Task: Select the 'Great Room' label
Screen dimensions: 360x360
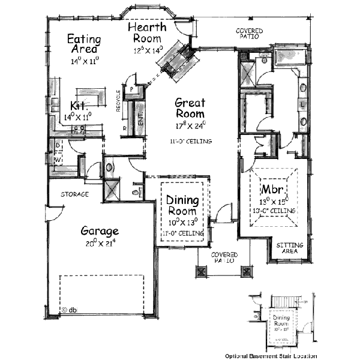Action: point(189,109)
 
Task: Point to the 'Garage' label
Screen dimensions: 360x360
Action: point(100,231)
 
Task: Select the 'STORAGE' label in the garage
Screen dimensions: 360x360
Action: point(74,194)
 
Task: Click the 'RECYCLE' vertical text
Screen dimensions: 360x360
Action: point(118,101)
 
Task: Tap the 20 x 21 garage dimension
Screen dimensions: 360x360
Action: point(100,243)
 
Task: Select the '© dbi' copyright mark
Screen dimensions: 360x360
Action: point(70,310)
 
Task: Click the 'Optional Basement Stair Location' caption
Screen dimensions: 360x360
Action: point(271,355)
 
